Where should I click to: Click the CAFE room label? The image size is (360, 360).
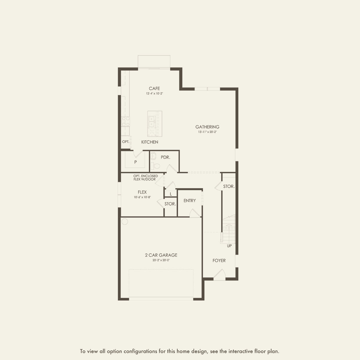click(154, 89)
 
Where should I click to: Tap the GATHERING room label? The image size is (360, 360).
click(207, 127)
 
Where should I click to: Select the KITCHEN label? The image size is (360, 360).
click(150, 142)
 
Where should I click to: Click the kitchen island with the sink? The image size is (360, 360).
click(154, 123)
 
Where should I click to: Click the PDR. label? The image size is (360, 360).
click(165, 157)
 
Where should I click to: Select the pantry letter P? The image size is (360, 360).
click(136, 162)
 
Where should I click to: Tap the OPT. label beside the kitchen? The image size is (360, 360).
click(125, 142)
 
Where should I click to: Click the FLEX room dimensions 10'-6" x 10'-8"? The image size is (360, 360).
click(142, 197)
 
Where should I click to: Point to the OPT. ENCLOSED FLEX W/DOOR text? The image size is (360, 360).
click(145, 178)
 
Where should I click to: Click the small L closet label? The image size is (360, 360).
click(171, 194)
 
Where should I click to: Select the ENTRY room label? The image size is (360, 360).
click(190, 201)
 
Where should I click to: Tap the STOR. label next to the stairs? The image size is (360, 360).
click(229, 186)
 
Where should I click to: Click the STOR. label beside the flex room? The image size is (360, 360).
click(170, 204)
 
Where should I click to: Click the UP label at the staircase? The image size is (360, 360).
click(229, 246)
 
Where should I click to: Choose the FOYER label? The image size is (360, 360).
click(219, 260)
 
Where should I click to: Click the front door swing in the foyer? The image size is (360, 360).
click(220, 274)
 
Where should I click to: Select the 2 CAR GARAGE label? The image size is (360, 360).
click(161, 255)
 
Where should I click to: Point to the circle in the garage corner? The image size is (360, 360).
click(125, 222)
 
